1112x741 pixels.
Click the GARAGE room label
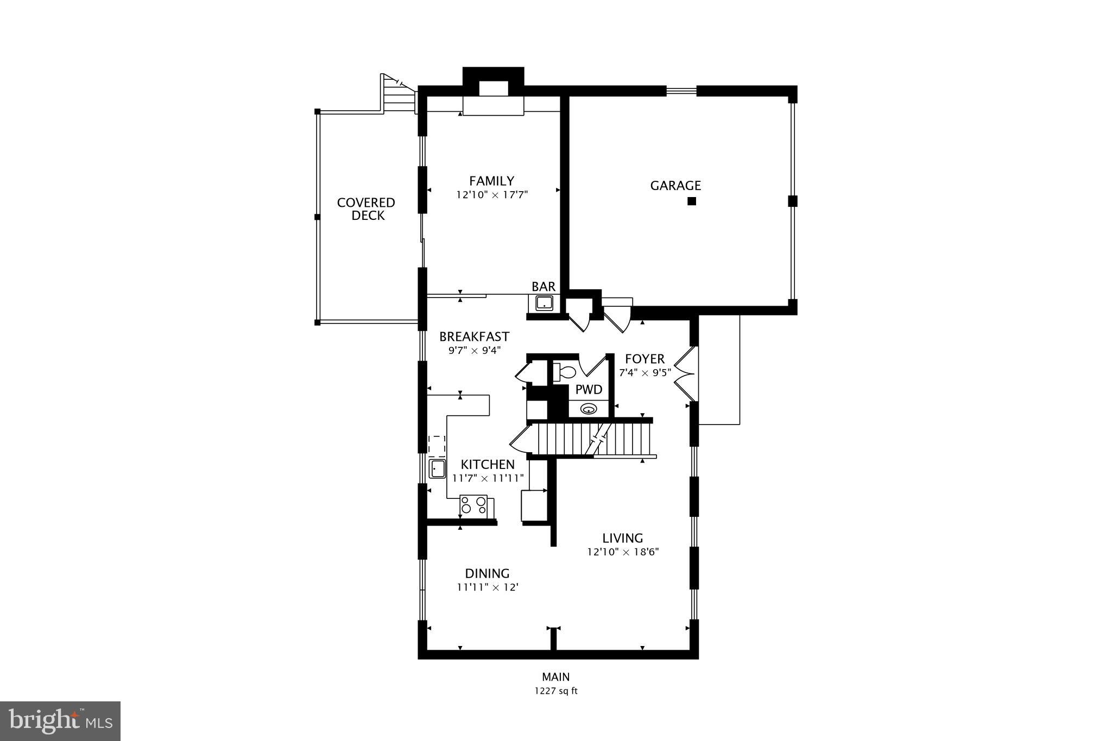675,186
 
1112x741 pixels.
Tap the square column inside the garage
692,201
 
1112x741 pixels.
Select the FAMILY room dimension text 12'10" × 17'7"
492,194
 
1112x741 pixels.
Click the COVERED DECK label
367,209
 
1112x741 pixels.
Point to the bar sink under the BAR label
544,303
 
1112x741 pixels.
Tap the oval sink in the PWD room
589,409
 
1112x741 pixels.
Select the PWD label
589,389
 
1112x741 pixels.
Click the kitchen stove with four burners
473,505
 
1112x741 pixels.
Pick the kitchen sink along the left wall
437,468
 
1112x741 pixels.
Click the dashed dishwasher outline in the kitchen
437,446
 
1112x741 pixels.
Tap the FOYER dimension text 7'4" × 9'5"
645,373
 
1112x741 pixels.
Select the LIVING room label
622,538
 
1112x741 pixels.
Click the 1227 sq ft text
555,691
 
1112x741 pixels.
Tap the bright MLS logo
60,721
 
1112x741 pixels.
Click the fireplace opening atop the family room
493,89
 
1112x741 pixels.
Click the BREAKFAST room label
474,337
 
